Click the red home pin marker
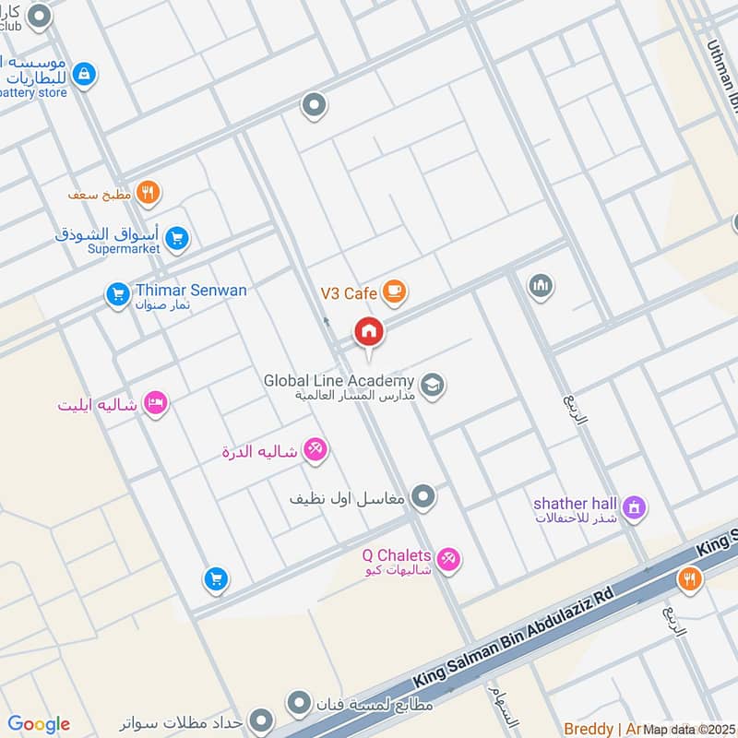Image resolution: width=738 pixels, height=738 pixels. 369,332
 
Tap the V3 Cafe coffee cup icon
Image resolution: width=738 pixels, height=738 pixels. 394,292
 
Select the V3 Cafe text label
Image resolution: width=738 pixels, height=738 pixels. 349,293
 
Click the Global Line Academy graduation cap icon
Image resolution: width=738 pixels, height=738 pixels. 432,385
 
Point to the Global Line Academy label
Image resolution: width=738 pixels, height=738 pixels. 339,381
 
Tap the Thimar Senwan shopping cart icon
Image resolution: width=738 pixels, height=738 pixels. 117,294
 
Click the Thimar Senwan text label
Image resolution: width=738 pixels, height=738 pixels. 192,291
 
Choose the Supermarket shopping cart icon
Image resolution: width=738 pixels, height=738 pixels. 179,240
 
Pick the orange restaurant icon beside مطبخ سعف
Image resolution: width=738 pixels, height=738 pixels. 147,193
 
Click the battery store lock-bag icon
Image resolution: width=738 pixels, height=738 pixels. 84,75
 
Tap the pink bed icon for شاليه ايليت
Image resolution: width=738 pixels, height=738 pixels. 155,403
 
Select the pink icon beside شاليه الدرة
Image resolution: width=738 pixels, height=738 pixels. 315,449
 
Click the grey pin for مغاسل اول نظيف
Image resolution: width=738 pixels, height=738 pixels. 423,497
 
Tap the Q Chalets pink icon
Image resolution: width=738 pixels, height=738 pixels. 448,559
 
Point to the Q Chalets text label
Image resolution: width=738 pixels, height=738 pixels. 397,555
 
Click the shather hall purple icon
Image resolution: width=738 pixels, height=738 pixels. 634,506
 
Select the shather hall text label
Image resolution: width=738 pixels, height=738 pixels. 574,504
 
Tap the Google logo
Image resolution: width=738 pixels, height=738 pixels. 39,724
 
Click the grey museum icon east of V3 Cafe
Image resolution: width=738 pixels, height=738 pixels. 542,286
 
